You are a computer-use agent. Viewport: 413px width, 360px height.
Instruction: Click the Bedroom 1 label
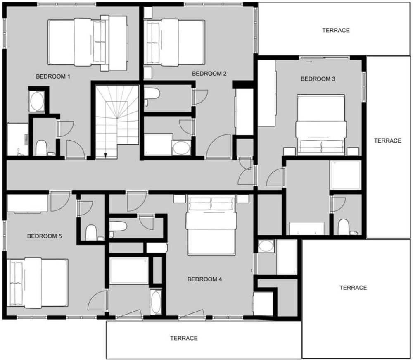pyautogui.click(x=53, y=76)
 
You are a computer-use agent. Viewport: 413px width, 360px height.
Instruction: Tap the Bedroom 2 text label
pyautogui.click(x=209, y=74)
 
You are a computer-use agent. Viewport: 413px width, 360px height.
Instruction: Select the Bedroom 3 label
pyautogui.click(x=318, y=79)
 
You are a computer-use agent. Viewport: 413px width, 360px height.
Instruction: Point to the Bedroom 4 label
pyautogui.click(x=205, y=279)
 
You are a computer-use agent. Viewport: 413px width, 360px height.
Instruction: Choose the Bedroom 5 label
pyautogui.click(x=45, y=236)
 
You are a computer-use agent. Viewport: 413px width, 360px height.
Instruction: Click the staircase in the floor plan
pyautogui.click(x=117, y=122)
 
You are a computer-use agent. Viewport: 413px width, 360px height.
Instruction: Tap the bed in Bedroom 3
pyautogui.click(x=321, y=125)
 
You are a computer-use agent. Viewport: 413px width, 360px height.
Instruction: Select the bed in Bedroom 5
pyautogui.click(x=38, y=283)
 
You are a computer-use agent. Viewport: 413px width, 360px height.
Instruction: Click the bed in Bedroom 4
pyautogui.click(x=211, y=225)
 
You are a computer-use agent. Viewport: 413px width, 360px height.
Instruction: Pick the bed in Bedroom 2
pyautogui.click(x=174, y=42)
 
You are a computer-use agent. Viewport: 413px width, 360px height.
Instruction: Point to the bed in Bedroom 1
pyautogui.click(x=88, y=43)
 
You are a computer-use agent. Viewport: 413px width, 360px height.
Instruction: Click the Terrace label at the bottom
pyautogui.click(x=184, y=338)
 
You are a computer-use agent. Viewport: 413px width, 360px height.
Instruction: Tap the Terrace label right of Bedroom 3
pyautogui.click(x=388, y=141)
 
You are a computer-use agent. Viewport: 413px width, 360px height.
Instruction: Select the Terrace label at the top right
pyautogui.click(x=336, y=30)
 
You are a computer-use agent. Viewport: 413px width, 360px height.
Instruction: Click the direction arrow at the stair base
pyautogui.click(x=106, y=155)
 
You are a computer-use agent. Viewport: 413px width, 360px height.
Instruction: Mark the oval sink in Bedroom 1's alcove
pyautogui.click(x=37, y=101)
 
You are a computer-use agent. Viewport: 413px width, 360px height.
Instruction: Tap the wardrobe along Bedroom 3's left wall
pyautogui.click(x=266, y=93)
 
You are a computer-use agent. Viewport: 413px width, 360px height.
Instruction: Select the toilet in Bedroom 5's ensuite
pyautogui.click(x=91, y=232)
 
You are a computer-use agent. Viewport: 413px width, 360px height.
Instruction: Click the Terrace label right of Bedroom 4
pyautogui.click(x=353, y=288)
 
